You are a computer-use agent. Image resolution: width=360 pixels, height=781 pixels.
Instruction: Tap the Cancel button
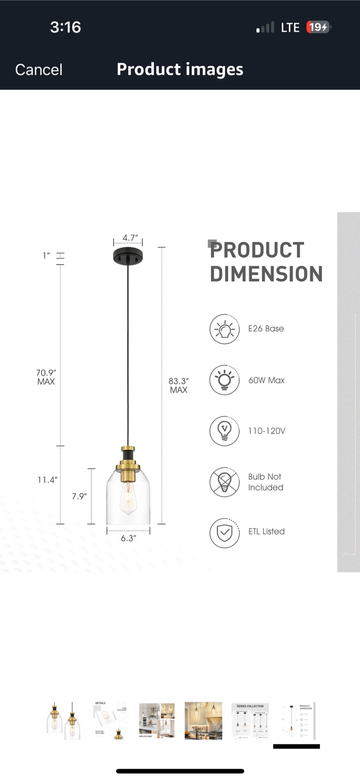click(x=38, y=69)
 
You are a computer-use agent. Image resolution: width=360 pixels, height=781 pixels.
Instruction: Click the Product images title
click(x=180, y=69)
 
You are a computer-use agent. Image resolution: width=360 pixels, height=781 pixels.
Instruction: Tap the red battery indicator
click(x=318, y=27)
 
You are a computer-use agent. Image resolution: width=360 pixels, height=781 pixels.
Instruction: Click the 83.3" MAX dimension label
click(x=178, y=385)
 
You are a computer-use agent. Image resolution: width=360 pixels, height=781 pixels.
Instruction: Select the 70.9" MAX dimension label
click(x=46, y=377)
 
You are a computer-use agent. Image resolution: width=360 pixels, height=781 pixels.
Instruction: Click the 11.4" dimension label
click(x=47, y=480)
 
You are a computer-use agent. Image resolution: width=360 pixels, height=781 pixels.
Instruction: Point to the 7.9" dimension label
click(x=79, y=496)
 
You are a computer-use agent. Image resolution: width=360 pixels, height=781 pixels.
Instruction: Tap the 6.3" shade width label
click(x=128, y=538)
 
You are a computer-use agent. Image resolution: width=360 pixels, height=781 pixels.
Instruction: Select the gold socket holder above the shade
click(x=128, y=461)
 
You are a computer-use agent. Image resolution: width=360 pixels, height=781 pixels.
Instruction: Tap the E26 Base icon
click(x=224, y=329)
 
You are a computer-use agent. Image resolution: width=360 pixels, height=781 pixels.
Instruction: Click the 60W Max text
click(x=266, y=380)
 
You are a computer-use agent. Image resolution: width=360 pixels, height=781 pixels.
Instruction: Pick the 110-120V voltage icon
click(x=224, y=431)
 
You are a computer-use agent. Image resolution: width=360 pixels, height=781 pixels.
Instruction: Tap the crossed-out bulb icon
click(x=224, y=482)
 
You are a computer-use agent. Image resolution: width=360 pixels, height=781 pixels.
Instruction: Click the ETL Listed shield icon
click(x=224, y=532)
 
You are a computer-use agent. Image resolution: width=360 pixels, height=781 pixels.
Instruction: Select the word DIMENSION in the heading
click(x=266, y=274)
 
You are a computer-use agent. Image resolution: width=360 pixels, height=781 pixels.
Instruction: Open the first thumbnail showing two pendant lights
click(x=63, y=721)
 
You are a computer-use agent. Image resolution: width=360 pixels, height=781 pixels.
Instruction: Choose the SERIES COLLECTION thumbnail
click(x=250, y=721)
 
